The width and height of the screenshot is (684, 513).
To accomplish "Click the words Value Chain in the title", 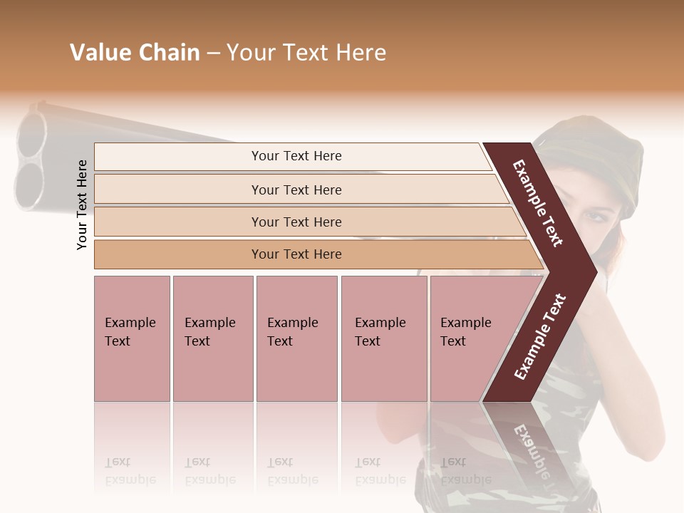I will point(135,53).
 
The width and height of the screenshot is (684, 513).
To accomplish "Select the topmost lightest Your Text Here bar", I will point(296,156).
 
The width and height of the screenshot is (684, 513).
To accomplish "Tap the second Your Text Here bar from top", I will point(296,190).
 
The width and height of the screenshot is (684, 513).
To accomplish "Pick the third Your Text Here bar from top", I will point(296,222).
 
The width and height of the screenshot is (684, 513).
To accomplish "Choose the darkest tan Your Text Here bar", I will point(296,254).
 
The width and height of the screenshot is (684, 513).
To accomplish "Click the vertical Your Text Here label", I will point(82,204).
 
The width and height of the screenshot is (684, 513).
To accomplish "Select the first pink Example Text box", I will point(132,338).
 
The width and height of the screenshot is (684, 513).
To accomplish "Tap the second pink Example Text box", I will point(212,338).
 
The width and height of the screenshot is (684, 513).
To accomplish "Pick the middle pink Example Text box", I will point(296,338).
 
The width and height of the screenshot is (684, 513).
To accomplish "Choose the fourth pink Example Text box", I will point(384,338).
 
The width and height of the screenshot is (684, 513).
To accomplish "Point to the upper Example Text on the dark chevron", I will point(538,203).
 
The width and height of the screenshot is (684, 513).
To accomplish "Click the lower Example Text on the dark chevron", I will point(540,336).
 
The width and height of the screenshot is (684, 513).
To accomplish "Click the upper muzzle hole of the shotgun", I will point(32,135).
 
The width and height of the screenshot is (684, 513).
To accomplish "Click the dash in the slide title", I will point(213,53).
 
